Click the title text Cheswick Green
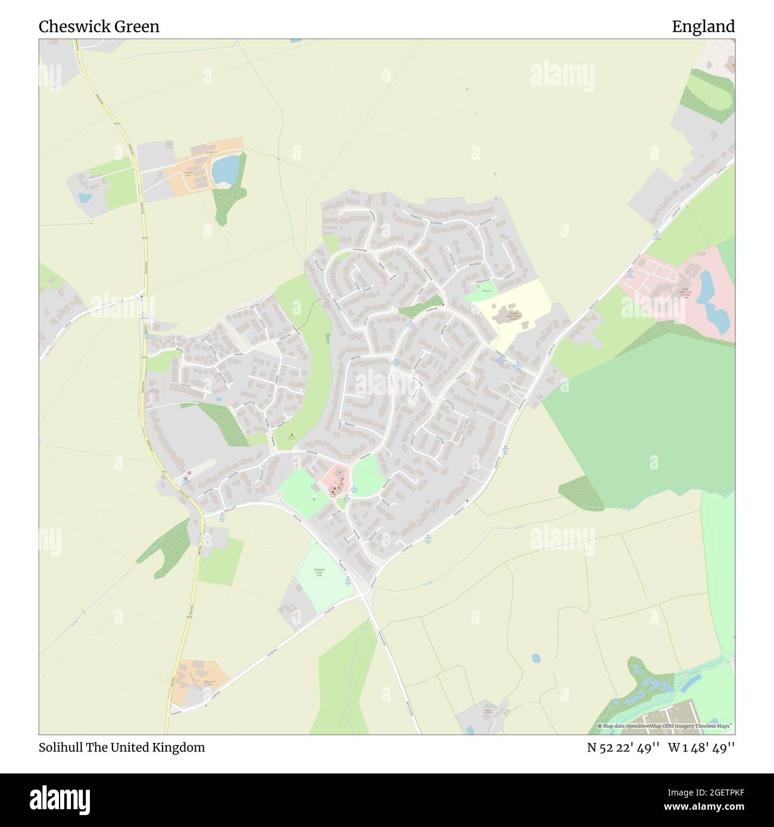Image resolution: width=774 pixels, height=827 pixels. [99, 26]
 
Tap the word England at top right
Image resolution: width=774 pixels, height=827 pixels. [703, 26]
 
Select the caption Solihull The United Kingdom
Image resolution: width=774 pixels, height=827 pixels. [121, 747]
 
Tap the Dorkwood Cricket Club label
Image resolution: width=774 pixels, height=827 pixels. [319, 572]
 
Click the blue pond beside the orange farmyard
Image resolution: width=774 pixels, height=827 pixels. [226, 169]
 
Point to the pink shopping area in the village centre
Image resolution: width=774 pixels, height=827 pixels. [335, 480]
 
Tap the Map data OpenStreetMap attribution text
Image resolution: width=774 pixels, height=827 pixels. [666, 726]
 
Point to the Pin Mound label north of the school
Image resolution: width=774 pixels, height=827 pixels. [486, 291]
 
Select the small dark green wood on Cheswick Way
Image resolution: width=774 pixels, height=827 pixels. [422, 308]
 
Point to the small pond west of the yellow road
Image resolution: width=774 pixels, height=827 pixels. [85, 197]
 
